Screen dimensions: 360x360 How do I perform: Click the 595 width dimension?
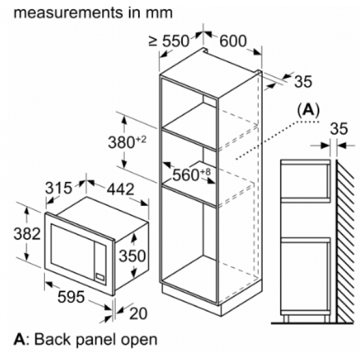[x=71, y=296]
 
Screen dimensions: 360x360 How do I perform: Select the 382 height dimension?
[x=27, y=234]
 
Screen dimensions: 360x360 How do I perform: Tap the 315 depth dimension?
[x=58, y=188]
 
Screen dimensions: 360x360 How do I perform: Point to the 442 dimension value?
[x=121, y=189]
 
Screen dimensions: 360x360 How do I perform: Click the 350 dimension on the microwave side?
[x=132, y=256]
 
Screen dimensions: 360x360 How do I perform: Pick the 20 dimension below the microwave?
[x=138, y=313]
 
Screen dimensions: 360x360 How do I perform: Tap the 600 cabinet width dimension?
[x=233, y=41]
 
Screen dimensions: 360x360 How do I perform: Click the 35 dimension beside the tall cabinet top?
[x=303, y=81]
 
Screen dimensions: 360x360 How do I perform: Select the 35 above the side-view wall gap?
[x=339, y=128]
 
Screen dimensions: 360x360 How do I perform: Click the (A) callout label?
[x=308, y=110]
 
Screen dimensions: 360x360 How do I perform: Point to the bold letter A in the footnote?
[x=20, y=339]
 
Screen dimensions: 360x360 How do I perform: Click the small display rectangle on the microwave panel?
[x=100, y=277]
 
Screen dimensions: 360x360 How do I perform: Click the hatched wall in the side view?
[x=346, y=241]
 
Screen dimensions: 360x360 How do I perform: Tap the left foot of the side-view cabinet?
[x=286, y=319]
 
